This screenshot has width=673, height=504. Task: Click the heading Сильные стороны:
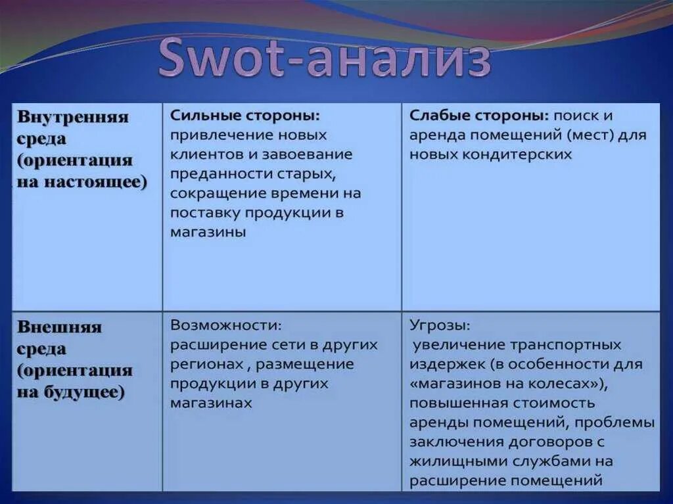tap(244, 116)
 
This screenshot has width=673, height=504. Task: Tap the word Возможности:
tap(226, 325)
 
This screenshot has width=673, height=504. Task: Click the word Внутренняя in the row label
tap(72, 118)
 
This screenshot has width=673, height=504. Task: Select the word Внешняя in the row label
tap(59, 327)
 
